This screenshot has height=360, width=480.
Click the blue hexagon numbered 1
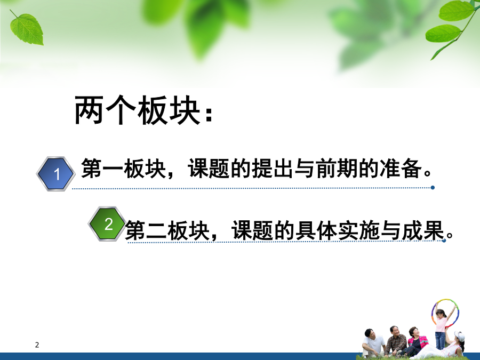tap(55, 174)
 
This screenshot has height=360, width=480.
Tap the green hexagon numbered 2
tap(107, 224)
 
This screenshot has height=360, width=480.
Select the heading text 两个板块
tap(137, 110)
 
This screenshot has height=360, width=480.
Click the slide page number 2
tap(37, 345)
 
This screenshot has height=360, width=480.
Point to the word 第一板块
tap(123, 169)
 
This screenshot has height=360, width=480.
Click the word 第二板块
tap(167, 230)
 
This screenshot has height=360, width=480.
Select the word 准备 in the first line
tap(401, 169)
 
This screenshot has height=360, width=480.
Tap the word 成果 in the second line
tap(423, 230)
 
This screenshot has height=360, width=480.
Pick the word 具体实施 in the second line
tap(338, 230)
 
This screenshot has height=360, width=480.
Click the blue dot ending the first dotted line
tap(433, 187)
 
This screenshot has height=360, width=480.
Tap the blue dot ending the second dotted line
tap(444, 241)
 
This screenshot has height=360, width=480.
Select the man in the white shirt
tap(373, 342)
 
